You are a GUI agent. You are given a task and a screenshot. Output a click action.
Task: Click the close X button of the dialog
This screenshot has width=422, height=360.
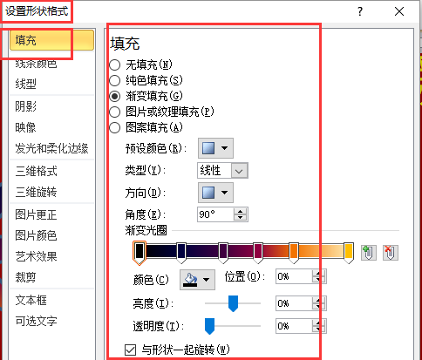tap(399, 11)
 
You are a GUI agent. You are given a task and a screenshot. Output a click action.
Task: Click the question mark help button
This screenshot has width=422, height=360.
tap(360, 11)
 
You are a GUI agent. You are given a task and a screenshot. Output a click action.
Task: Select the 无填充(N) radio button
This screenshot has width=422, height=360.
tap(115, 65)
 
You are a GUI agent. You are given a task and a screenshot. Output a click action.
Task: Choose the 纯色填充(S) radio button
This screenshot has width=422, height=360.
tap(115, 80)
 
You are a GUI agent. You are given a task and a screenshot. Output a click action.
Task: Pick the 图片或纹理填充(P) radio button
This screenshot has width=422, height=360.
tap(115, 112)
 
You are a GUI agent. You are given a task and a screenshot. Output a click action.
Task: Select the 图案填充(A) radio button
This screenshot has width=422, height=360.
tap(115, 127)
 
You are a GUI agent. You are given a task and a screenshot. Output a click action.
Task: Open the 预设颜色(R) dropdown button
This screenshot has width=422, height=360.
tap(215, 148)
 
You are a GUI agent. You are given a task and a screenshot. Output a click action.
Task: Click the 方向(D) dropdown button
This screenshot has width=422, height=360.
tap(215, 193)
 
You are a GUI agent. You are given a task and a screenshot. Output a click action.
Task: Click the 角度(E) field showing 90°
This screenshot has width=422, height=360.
tap(215, 214)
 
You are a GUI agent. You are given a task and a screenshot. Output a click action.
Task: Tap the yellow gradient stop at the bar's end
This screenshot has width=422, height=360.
tap(349, 252)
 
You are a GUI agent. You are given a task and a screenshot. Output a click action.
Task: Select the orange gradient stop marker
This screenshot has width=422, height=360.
tap(294, 252)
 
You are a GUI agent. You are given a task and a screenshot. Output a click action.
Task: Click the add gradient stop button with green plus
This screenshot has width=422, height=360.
tap(369, 252)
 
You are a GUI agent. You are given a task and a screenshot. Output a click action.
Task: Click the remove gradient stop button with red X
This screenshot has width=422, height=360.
tap(391, 252)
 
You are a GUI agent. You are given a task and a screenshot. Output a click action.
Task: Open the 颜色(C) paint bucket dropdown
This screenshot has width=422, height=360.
tap(197, 280)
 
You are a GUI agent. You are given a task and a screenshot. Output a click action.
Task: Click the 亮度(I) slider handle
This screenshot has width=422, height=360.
tap(233, 303)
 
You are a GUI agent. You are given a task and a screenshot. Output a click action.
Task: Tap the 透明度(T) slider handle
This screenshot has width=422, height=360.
tap(209, 326)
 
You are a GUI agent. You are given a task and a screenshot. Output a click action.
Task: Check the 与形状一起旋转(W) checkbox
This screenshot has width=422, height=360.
tap(130, 350)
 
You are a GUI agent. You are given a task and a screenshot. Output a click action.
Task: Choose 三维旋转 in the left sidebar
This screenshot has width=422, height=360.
tap(36, 192)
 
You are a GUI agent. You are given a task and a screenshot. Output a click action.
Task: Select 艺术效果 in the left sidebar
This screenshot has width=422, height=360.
tap(36, 256)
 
